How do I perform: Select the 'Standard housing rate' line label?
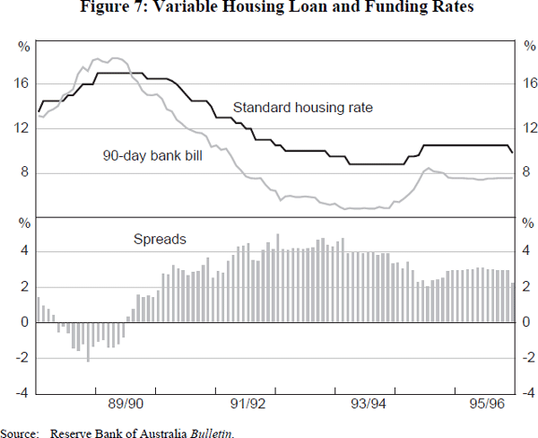pos(302,108)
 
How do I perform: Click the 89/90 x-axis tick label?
pos(125,406)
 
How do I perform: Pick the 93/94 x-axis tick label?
pos(368,406)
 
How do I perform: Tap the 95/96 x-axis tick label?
pos(484,406)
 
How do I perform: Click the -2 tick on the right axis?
pos(527,357)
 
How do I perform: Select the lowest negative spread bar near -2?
pos(88,341)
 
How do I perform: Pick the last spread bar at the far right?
pos(512,302)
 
